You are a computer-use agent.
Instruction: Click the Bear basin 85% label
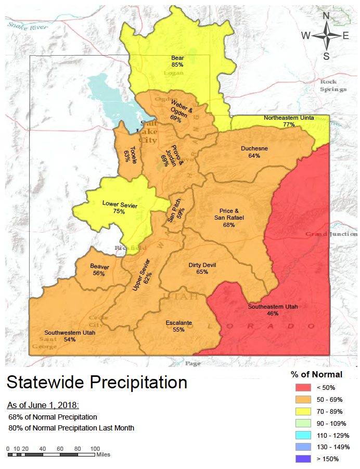(177, 61)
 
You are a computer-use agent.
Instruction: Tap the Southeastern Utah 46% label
(273, 310)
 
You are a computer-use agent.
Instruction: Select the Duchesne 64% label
(254, 151)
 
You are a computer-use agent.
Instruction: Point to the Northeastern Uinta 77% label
(289, 121)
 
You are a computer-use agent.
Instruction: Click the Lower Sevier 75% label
(120, 208)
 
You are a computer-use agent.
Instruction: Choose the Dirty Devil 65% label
(202, 268)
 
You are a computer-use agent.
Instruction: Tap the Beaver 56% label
(99, 270)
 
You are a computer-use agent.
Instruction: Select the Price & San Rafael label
(229, 218)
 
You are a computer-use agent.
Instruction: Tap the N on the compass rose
(326, 16)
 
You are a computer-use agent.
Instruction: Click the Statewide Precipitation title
(97, 383)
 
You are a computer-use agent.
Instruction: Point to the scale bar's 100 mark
(95, 448)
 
